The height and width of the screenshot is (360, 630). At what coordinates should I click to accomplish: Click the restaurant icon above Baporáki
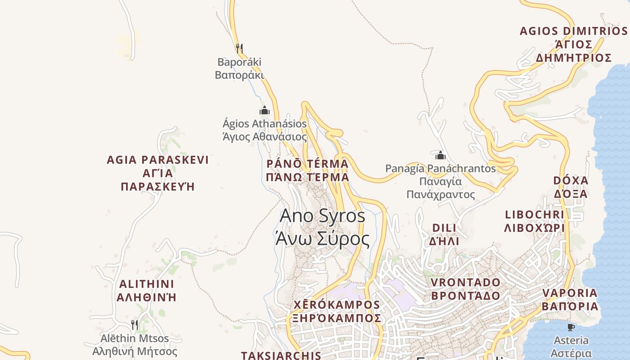pos(239,48)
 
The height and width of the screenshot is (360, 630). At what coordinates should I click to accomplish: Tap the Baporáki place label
pos(239,68)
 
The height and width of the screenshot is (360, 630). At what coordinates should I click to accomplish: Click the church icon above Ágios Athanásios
pos(265,110)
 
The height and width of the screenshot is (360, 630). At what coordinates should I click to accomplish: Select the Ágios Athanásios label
pos(265,130)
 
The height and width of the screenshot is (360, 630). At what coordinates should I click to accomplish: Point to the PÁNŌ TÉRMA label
pos(307,170)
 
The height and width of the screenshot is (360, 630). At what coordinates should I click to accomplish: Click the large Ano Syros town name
pos(322,227)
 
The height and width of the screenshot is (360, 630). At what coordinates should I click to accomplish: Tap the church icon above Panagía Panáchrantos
pos(441,156)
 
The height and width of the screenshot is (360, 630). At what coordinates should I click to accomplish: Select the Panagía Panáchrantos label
pos(441,181)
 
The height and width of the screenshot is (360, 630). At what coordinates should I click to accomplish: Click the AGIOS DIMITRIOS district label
pos(574,44)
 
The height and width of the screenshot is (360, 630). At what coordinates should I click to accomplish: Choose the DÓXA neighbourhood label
pos(571,187)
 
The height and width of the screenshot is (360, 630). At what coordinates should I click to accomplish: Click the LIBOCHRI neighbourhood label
pos(535,221)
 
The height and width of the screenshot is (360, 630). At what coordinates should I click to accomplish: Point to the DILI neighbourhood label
pos(444,234)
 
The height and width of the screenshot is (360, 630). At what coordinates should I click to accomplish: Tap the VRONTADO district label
pos(466,289)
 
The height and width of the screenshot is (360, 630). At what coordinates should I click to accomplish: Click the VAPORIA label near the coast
pos(570,300)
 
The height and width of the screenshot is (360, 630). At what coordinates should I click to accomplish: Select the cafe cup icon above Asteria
pos(571,327)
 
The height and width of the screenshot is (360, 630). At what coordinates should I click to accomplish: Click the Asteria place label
pos(571,346)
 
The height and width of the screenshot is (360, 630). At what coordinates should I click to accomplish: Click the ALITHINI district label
pos(147,291)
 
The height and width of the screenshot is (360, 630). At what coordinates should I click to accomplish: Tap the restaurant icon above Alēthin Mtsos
pos(135,324)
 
